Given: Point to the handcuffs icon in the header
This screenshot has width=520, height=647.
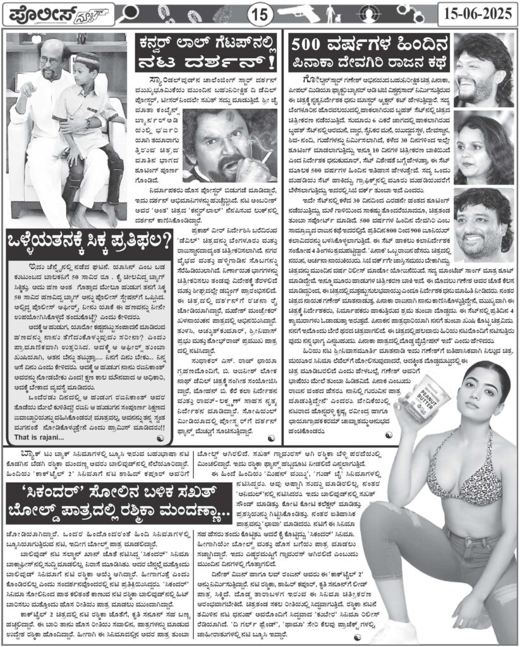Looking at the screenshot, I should tap(422, 11).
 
